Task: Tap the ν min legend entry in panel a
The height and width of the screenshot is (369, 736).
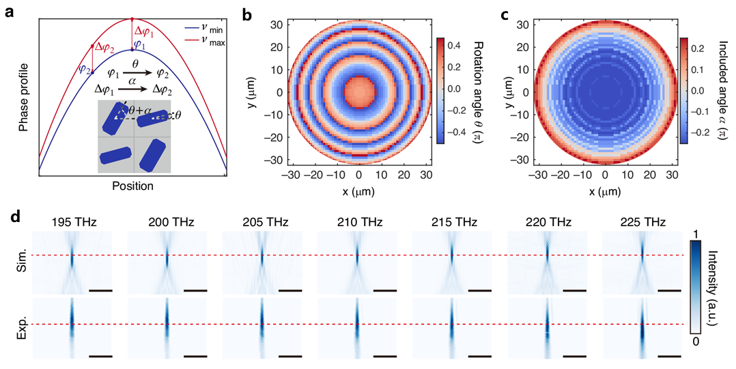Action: pyautogui.click(x=208, y=31)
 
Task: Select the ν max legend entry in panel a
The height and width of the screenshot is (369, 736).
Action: pyautogui.click(x=208, y=43)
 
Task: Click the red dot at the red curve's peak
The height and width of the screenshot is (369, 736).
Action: pyautogui.click(x=132, y=19)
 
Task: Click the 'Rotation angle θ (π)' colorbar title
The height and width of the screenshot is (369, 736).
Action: pyautogui.click(x=479, y=90)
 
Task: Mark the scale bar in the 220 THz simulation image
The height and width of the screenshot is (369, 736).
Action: pyautogui.click(x=576, y=290)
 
